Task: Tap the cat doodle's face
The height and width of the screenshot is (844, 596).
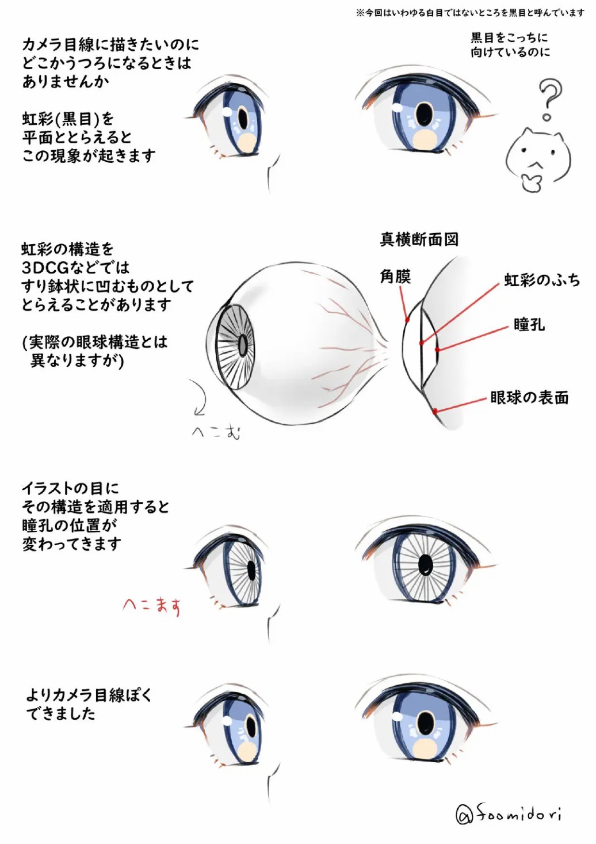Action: coord(538,159)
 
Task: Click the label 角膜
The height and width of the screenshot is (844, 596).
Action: coord(395,276)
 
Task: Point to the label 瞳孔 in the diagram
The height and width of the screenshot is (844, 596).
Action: coord(529,324)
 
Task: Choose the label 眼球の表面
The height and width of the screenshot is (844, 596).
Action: coord(529,397)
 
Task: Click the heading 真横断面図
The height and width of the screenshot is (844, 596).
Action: coord(419,239)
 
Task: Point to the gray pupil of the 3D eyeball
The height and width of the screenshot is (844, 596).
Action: coord(243,344)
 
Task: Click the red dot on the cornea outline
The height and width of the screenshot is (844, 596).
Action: coord(407,320)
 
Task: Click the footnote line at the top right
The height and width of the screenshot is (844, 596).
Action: coord(470,13)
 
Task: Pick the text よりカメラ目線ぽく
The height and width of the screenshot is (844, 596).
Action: coord(89,695)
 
